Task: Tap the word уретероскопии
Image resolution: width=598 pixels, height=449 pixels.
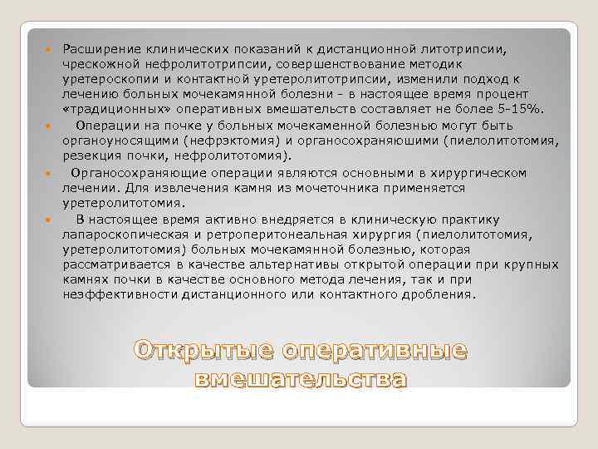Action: (x=105, y=78)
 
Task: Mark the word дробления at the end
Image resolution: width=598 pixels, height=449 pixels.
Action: (x=441, y=295)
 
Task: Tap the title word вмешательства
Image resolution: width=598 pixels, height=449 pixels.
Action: (x=301, y=380)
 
